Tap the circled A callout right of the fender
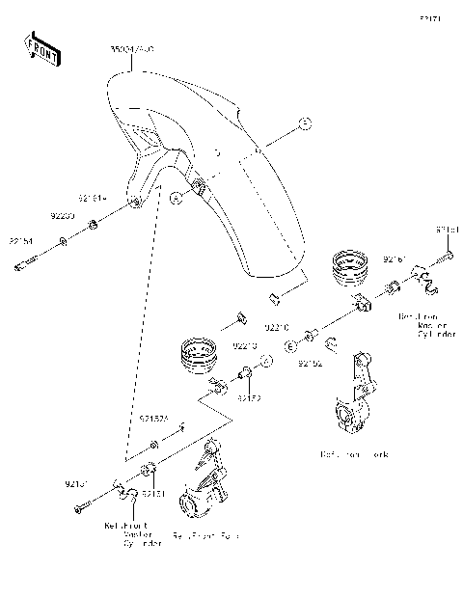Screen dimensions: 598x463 (303, 123)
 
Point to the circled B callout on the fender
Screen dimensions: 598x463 (175, 197)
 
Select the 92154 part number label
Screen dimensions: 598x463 (21, 240)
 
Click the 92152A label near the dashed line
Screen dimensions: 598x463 (153, 420)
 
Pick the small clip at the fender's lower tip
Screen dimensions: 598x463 (273, 289)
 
